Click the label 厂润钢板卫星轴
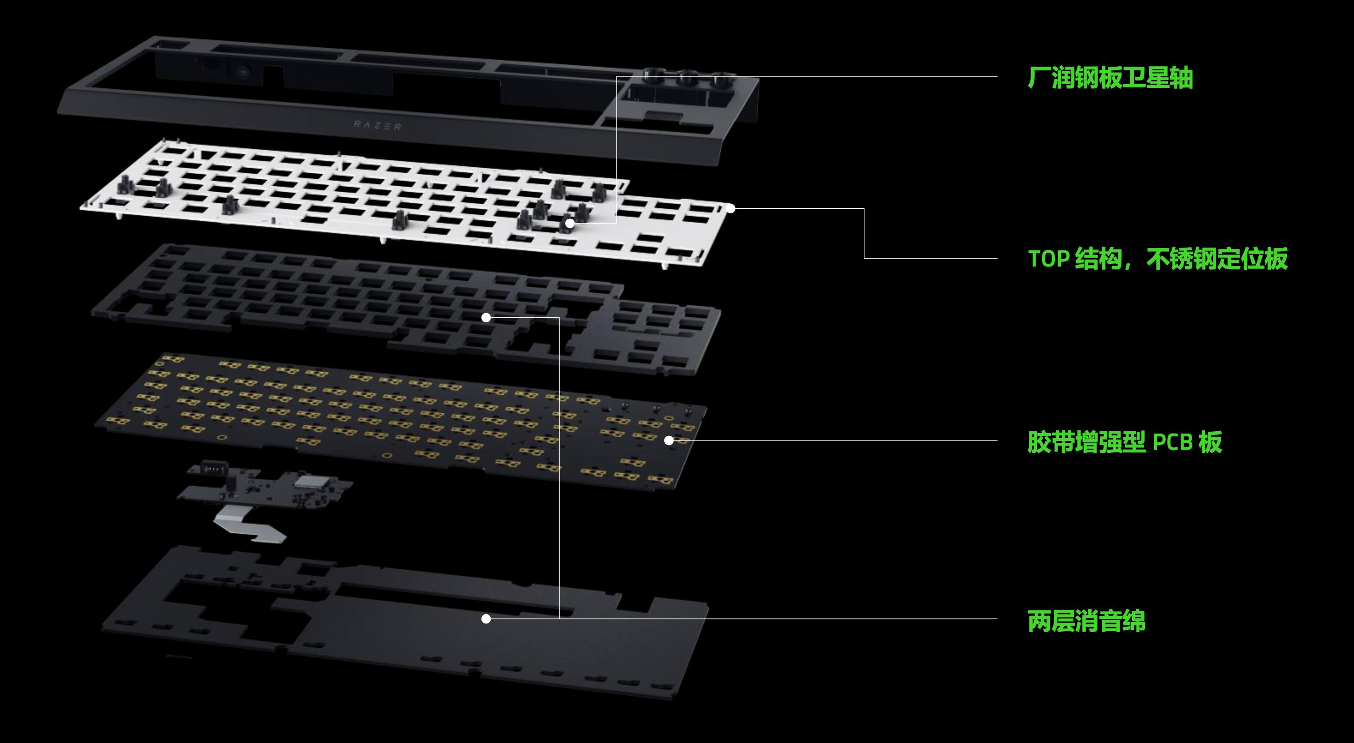pyautogui.click(x=1110, y=78)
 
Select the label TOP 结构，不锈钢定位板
pyautogui.click(x=1157, y=259)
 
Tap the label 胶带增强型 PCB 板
pyautogui.click(x=1125, y=442)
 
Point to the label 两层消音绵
pyautogui.click(x=1086, y=621)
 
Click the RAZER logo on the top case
pyautogui.click(x=377, y=126)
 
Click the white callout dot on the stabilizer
pyautogui.click(x=570, y=223)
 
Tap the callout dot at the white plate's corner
pyautogui.click(x=731, y=209)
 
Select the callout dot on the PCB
pyautogui.click(x=669, y=440)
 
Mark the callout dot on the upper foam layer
pyautogui.click(x=486, y=318)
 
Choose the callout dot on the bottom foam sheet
pyautogui.click(x=486, y=619)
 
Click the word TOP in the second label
pyautogui.click(x=1048, y=259)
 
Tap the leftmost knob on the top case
pyautogui.click(x=655, y=76)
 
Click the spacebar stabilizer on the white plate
pyautogui.click(x=401, y=220)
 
